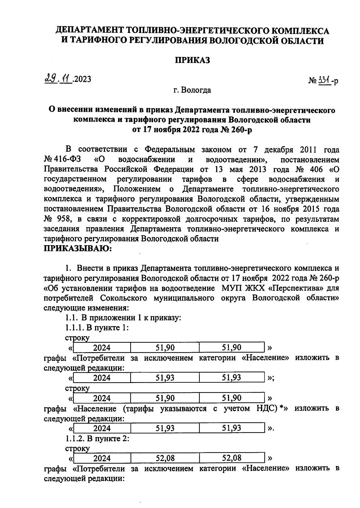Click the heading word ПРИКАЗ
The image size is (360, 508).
[192, 60]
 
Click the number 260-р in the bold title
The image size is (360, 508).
[240, 130]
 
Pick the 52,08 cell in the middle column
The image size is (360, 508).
[165, 458]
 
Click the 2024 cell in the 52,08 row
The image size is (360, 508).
[102, 458]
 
